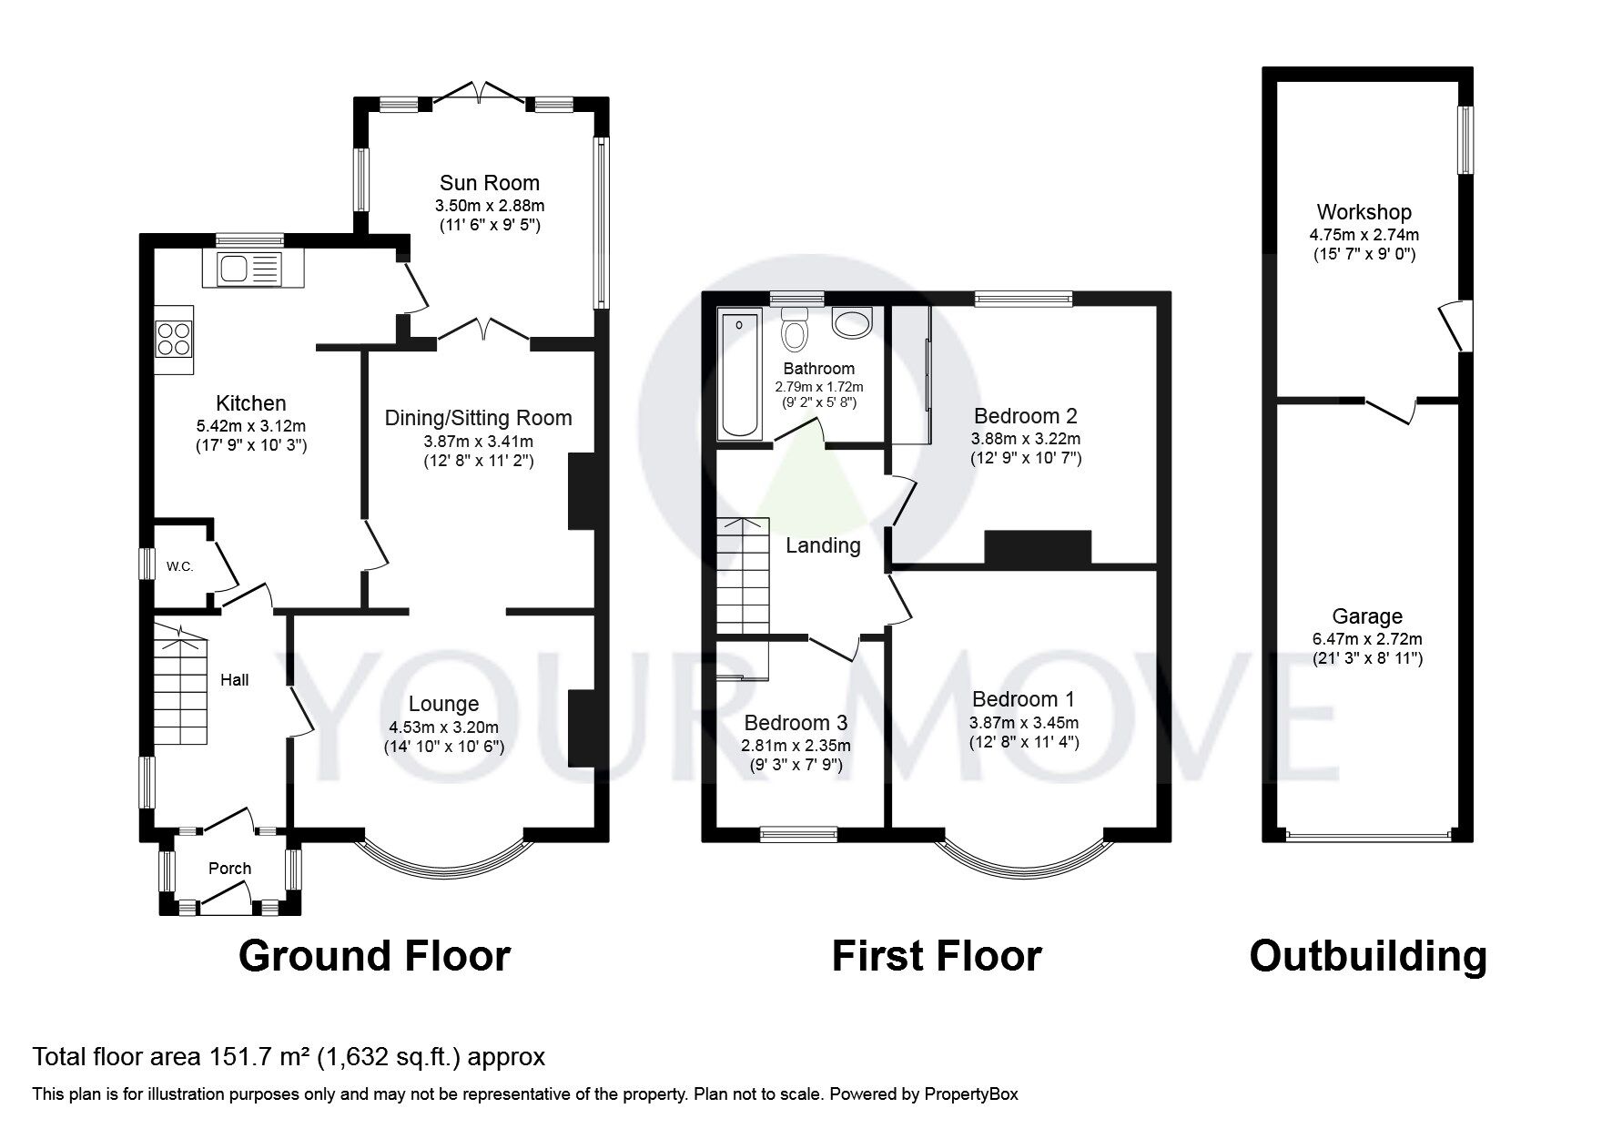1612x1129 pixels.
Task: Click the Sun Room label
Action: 490,183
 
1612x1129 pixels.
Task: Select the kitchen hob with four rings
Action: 174,339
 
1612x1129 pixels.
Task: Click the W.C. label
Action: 179,566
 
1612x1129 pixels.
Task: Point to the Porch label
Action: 229,869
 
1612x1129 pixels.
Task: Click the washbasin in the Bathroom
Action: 852,322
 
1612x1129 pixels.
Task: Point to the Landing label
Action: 823,545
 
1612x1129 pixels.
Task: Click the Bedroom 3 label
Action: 796,723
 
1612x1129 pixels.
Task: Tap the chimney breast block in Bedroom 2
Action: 1037,546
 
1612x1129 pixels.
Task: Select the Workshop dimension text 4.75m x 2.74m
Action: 1363,234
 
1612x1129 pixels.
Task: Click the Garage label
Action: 1367,616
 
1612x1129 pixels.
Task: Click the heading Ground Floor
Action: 374,956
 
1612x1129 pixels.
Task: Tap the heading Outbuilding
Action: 1367,956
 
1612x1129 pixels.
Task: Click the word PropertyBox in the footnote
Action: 971,1094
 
